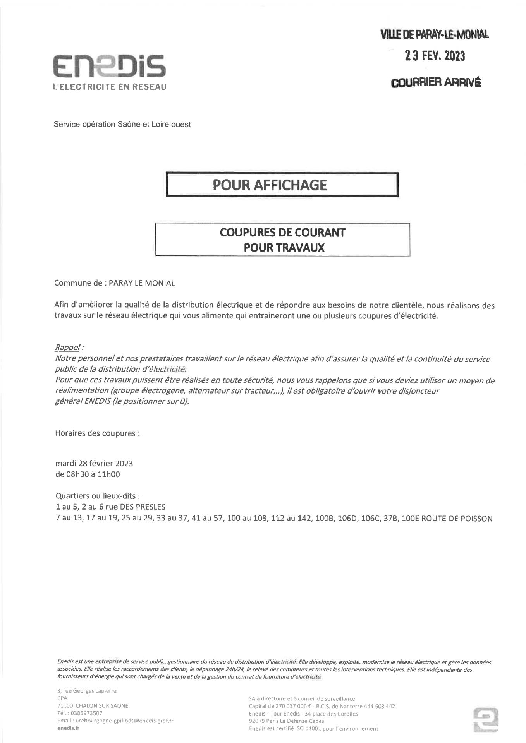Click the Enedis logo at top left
click(x=110, y=67)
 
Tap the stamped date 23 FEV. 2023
click(x=435, y=56)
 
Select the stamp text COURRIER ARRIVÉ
click(x=436, y=82)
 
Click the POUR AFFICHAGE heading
click(x=270, y=185)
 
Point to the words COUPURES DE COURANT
click(x=282, y=233)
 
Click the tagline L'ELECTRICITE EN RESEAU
click(x=110, y=87)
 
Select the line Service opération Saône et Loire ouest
click(x=122, y=125)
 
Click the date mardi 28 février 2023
click(x=94, y=463)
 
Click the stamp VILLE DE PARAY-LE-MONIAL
click(x=435, y=35)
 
